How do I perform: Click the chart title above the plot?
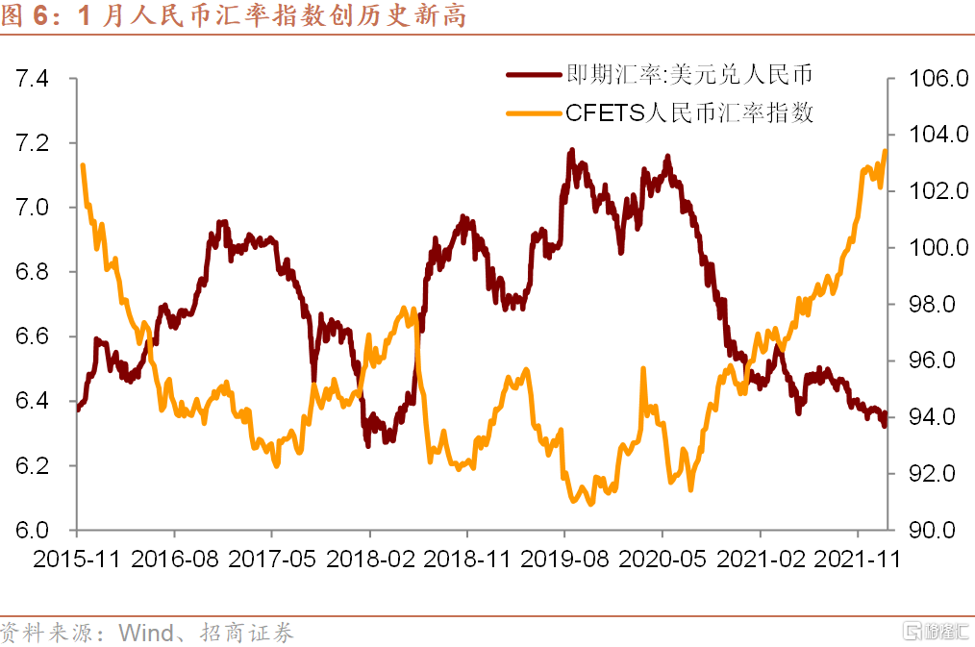(x=236, y=16)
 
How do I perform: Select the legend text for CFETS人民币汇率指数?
(x=689, y=112)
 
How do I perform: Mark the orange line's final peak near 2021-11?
(x=885, y=151)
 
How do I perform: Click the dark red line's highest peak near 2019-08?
(x=572, y=151)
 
